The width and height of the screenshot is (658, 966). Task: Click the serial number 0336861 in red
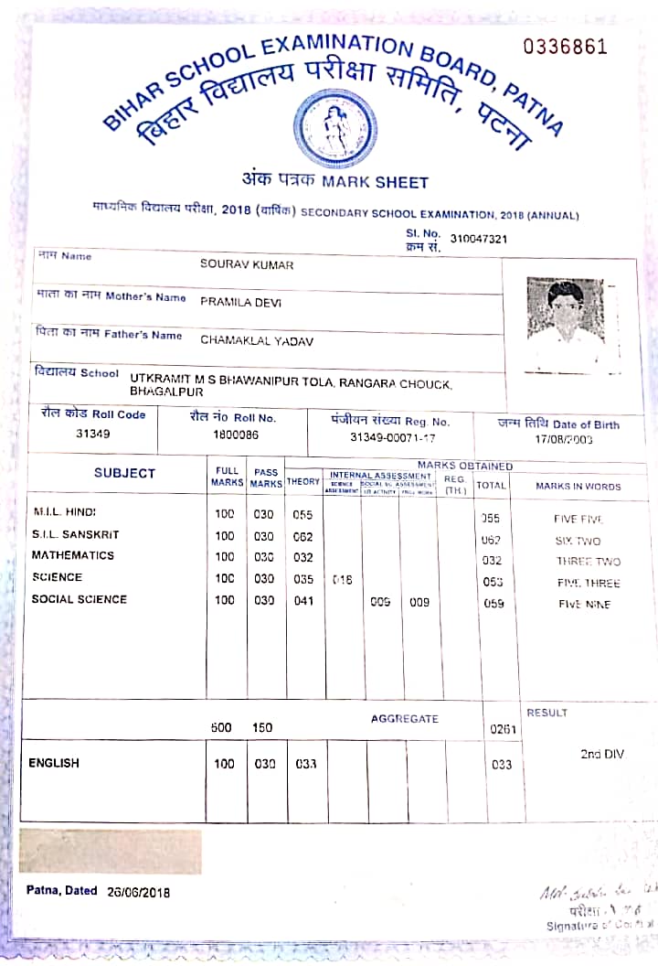pos(565,47)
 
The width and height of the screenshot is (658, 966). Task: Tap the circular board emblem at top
pos(334,127)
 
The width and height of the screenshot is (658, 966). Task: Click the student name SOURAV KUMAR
pos(247,264)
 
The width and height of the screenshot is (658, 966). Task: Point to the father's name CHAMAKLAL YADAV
pos(257,340)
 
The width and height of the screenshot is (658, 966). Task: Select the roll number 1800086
pos(236,435)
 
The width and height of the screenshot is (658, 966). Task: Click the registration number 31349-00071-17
pos(393,437)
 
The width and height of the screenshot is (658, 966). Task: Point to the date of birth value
pos(558,440)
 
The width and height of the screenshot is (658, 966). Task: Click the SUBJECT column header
pos(124,473)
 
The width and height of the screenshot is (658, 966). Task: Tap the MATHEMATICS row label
pos(73,555)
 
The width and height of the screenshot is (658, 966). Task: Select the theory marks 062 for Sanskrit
pos(302,535)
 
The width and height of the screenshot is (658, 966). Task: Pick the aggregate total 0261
pos(503,729)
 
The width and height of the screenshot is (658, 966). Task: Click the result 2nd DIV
pos(601,754)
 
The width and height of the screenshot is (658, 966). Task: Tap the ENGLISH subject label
pos(54,763)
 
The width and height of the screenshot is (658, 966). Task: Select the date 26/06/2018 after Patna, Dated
pos(138,892)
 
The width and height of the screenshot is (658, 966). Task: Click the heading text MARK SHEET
pos(375,182)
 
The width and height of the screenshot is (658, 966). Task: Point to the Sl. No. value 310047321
pos(479,239)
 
